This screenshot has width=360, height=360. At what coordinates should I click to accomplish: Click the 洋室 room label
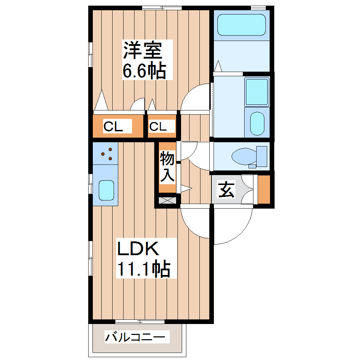click(x=142, y=50)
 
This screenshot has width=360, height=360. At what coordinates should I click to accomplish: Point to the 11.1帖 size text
click(x=144, y=269)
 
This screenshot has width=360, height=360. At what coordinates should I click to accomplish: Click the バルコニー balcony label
click(x=135, y=337)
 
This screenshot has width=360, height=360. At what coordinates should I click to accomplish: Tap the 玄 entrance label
click(x=227, y=190)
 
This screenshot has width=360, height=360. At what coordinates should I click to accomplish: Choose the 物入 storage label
click(x=167, y=167)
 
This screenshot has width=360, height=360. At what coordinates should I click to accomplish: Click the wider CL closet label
click(x=113, y=126)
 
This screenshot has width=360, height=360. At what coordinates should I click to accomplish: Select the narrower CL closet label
click(x=157, y=126)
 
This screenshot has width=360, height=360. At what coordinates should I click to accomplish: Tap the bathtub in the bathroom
click(x=241, y=25)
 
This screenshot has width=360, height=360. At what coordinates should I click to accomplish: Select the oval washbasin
click(x=257, y=124)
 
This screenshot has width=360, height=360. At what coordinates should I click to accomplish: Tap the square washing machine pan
click(x=257, y=91)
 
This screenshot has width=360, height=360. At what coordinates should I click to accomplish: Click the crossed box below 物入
click(x=167, y=200)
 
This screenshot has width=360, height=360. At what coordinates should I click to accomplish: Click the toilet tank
click(x=262, y=156)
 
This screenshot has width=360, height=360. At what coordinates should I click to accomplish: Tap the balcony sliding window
click(x=140, y=322)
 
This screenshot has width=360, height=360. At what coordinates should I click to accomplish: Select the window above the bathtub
click(x=258, y=7)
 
